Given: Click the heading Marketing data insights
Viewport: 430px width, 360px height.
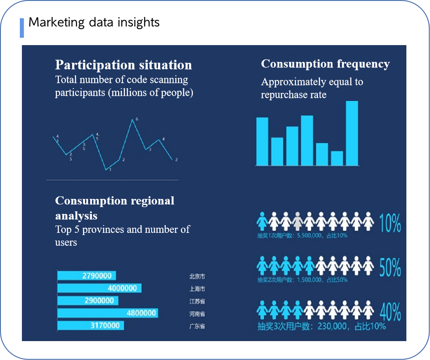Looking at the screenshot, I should [x=94, y=22].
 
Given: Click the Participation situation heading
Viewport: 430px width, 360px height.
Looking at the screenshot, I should [x=123, y=65].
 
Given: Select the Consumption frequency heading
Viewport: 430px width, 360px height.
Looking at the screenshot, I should [x=325, y=64].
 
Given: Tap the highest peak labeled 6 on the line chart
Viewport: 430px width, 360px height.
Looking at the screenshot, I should [x=132, y=120].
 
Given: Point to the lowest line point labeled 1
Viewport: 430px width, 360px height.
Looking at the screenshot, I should [x=106, y=170].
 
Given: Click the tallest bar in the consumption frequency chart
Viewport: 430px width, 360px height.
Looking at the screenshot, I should [x=352, y=133].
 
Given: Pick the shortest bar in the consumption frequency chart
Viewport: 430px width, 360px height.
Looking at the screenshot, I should [x=337, y=158].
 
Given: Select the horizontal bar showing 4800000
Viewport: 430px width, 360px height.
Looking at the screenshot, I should [x=107, y=313].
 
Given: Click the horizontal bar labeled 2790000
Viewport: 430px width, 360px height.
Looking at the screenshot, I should [x=86, y=276].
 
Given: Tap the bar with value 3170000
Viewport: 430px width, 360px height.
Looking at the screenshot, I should [x=91, y=326].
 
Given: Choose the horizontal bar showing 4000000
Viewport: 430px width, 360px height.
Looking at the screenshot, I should [x=99, y=288].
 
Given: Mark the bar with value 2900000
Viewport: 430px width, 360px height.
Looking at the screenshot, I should [x=88, y=301].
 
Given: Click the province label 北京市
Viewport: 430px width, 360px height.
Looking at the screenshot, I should [x=197, y=277].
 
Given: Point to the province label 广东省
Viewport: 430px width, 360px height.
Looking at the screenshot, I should [x=197, y=326].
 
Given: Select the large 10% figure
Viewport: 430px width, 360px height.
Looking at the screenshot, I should [x=390, y=223].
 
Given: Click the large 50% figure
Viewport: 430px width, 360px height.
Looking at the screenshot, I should [x=390, y=268].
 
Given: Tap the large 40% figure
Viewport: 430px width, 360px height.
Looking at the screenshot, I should [x=390, y=312].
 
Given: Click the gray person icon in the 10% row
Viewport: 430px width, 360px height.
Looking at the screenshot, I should [x=297, y=221].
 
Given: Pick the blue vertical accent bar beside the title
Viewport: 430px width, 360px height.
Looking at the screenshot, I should [x=22, y=28].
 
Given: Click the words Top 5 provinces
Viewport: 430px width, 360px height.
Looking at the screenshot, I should [x=90, y=229].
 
